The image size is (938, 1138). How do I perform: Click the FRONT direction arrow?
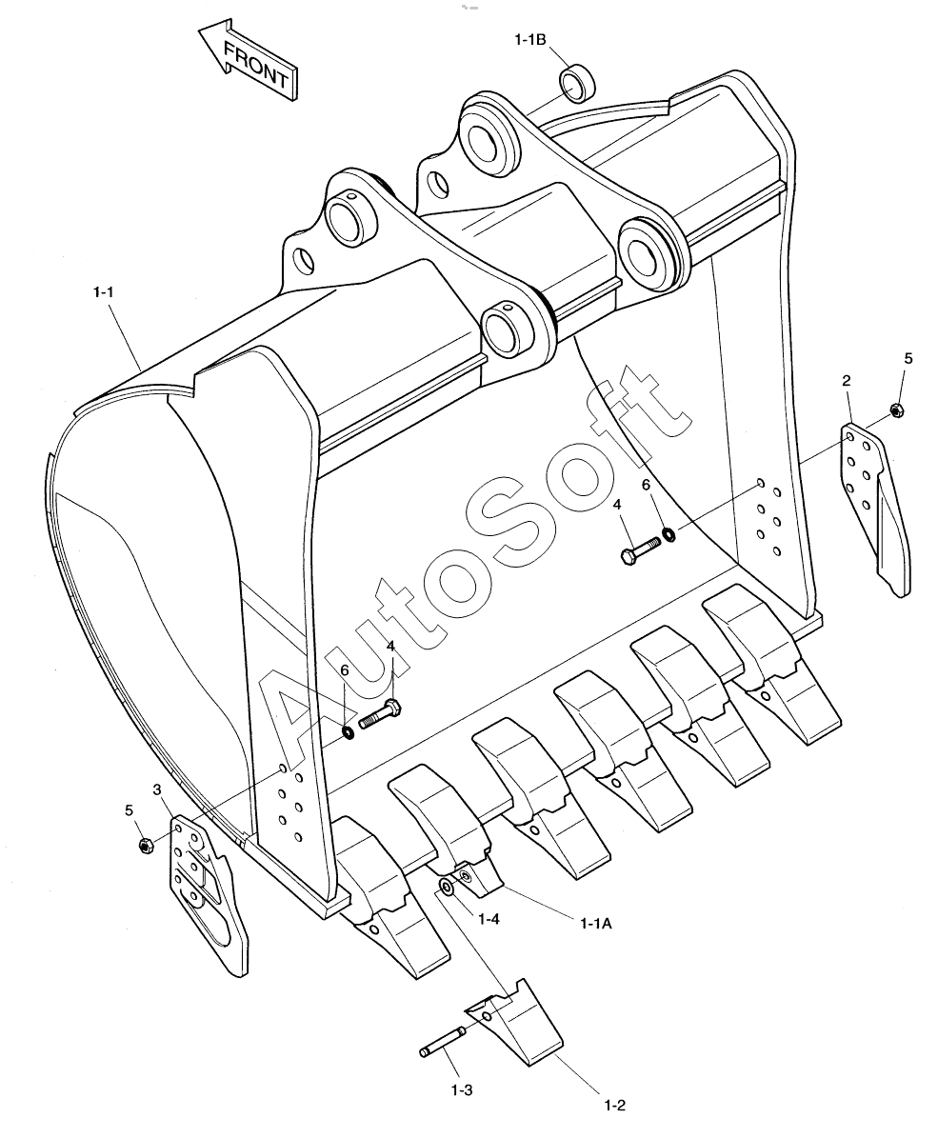(x=247, y=59)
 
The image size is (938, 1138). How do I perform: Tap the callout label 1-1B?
(x=530, y=40)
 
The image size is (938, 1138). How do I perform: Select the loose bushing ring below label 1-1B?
(x=578, y=84)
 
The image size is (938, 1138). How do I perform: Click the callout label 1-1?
(x=103, y=292)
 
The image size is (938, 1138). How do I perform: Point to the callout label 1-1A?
(x=596, y=923)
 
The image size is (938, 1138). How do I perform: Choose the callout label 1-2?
(x=614, y=1106)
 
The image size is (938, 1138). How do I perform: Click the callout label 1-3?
(x=462, y=1089)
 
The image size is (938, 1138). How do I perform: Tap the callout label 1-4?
(x=489, y=919)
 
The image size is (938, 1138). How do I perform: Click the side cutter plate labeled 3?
(x=208, y=892)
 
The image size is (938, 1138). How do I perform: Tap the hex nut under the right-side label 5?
(x=895, y=409)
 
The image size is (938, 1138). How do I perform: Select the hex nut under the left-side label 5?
(x=145, y=845)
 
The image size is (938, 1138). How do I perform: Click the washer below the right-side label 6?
(x=669, y=535)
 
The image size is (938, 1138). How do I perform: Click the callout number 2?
(x=846, y=380)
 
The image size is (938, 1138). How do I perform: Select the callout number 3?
(x=157, y=789)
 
